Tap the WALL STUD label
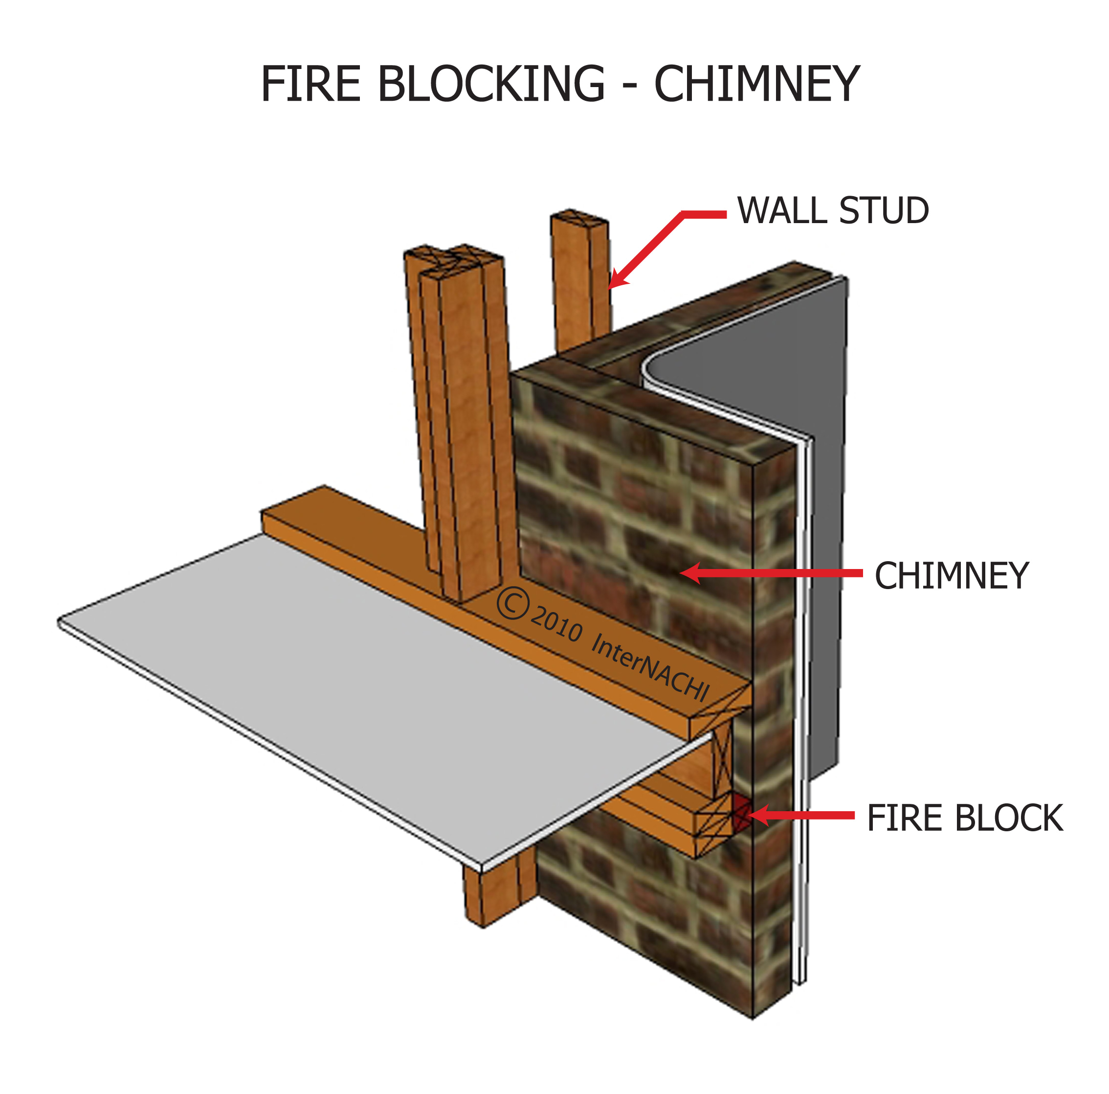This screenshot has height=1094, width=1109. click(x=832, y=211)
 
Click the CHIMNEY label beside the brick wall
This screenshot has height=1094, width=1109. click(x=951, y=576)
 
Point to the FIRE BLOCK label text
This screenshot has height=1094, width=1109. click(x=964, y=819)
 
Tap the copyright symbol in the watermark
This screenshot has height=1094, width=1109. click(x=512, y=603)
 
